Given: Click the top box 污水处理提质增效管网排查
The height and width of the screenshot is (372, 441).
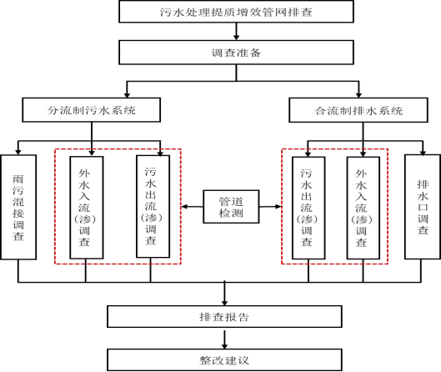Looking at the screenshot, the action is (x=236, y=12).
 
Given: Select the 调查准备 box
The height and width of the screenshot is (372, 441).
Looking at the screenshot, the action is (x=236, y=53).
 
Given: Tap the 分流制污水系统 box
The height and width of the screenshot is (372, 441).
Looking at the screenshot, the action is (x=92, y=110).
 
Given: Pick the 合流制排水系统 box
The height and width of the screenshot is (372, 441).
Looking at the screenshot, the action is (x=358, y=110).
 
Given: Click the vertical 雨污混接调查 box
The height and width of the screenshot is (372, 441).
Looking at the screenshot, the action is (x=18, y=207).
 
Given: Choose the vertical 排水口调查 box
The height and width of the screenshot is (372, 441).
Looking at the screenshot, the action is (x=423, y=207).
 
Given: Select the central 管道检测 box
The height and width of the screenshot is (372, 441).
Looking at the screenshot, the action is (x=231, y=207).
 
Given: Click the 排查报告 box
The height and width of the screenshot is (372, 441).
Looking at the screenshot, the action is (x=224, y=317).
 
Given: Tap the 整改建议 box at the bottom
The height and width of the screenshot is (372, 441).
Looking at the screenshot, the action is (x=224, y=359).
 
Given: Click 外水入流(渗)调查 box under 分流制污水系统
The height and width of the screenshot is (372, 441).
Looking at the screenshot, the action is (x=87, y=208).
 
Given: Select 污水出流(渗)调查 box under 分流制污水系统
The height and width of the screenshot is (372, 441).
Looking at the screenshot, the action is (x=153, y=207).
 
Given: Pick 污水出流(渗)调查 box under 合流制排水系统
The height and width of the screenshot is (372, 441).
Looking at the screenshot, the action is (x=308, y=208).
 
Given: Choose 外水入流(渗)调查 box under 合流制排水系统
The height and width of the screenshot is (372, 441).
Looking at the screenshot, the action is (x=363, y=208).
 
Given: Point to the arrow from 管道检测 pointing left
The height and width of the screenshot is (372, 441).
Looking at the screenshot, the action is (x=192, y=207).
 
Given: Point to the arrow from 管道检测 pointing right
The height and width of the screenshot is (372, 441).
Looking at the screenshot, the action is (x=270, y=207).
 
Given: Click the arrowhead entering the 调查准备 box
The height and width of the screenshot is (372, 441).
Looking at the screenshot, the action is (x=236, y=38).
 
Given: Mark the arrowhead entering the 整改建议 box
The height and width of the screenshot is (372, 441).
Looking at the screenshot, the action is (x=224, y=346).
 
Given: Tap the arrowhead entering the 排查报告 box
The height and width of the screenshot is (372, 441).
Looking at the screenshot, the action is (x=224, y=303).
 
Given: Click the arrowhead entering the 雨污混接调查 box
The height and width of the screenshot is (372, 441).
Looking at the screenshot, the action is (x=18, y=152).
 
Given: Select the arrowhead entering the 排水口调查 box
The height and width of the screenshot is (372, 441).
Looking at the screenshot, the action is (x=423, y=152).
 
